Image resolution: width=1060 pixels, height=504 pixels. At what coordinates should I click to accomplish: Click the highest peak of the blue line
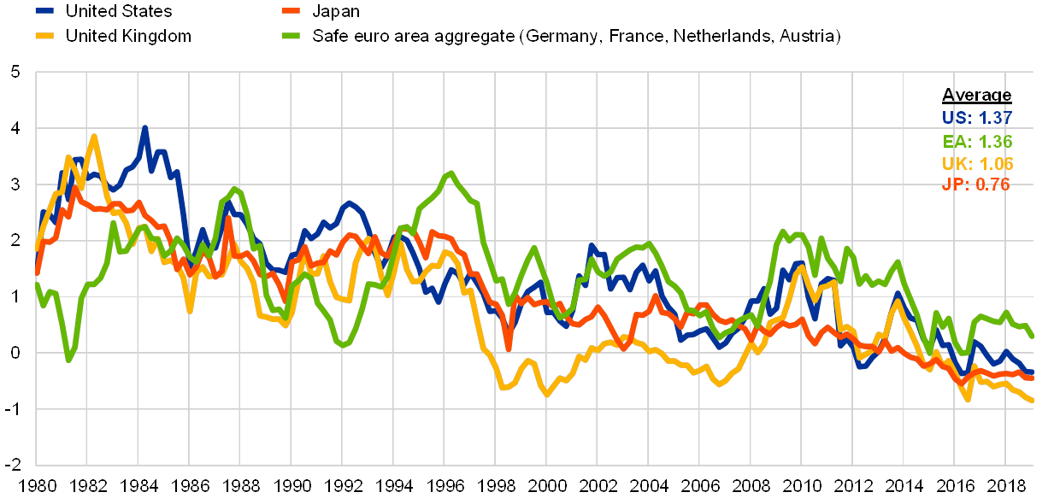coord(144,128)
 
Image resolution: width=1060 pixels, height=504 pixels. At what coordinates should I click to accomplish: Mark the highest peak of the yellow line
coord(93,136)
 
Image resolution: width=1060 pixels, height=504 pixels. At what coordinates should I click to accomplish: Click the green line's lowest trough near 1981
coord(69,360)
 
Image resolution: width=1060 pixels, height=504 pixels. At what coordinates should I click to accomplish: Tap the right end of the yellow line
coord(1033,401)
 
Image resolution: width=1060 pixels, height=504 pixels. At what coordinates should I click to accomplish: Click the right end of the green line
coord(1033,336)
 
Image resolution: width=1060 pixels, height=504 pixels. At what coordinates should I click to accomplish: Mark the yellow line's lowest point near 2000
coord(545,395)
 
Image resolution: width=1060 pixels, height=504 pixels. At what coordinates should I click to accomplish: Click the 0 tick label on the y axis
coord(15,353)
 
